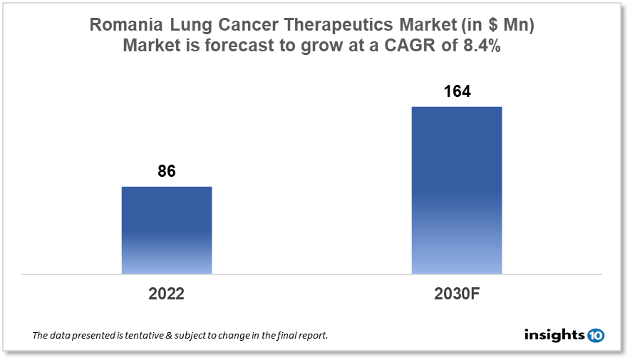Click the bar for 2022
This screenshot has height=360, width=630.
coord(167,230)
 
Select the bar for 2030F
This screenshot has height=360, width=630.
coord(457,190)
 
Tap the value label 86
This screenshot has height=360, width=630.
coord(167,172)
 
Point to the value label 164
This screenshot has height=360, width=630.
coord(457,92)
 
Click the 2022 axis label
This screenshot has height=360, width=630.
coord(167,294)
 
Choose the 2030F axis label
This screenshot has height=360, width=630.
coord(457,294)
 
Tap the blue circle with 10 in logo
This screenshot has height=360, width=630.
coord(596,334)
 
